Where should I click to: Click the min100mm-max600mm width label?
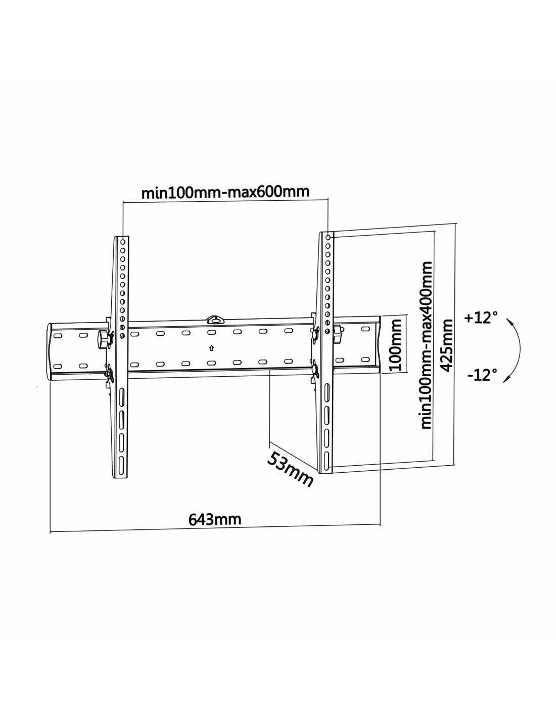225,192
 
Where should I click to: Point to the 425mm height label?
447,345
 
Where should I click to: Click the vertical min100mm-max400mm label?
426,345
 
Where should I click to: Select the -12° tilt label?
482,375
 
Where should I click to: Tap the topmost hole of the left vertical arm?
123,242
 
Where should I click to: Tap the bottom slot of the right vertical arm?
327,459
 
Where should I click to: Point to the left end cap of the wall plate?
50,351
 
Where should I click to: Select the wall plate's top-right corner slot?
365,329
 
